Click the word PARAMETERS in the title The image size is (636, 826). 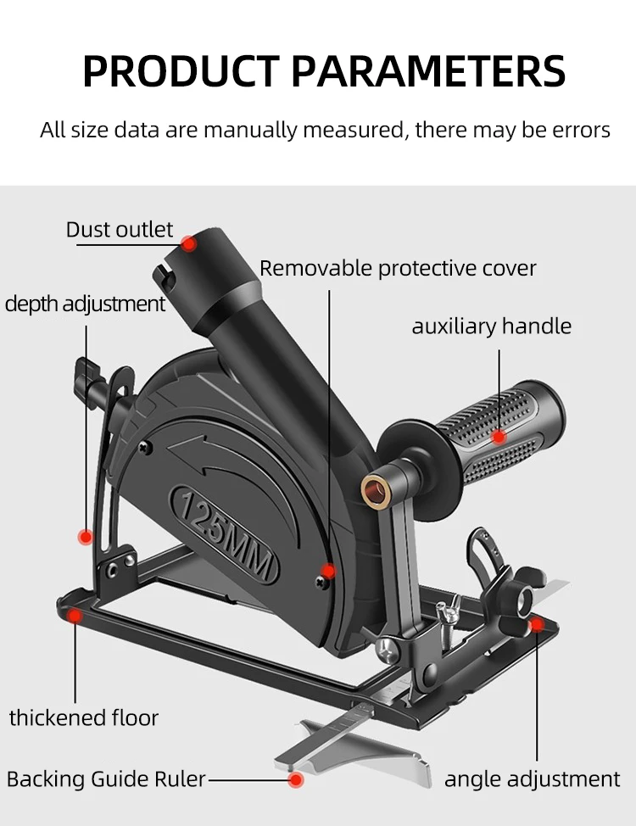click(x=429, y=71)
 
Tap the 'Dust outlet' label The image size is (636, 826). click(x=120, y=230)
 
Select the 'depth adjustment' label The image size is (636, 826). click(x=85, y=304)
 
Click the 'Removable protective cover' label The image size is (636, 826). click(x=398, y=268)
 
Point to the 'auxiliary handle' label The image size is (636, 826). click(x=492, y=326)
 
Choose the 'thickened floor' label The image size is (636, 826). click(x=84, y=717)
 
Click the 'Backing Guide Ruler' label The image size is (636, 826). click(x=107, y=779)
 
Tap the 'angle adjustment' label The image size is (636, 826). click(x=533, y=779)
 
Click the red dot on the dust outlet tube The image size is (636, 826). click(x=189, y=243)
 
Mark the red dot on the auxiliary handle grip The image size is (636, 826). click(x=499, y=437)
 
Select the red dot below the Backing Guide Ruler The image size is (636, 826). click(x=296, y=779)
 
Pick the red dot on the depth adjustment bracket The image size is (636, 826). click(x=85, y=536)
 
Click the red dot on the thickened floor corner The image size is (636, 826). click(x=75, y=617)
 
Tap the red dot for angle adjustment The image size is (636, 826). click(x=536, y=625)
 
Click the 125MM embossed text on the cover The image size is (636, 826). click(x=225, y=534)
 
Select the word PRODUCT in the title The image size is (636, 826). click(x=181, y=71)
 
